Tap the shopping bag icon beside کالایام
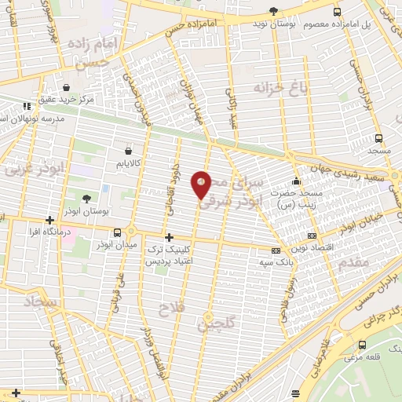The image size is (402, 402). [x=127, y=151]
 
